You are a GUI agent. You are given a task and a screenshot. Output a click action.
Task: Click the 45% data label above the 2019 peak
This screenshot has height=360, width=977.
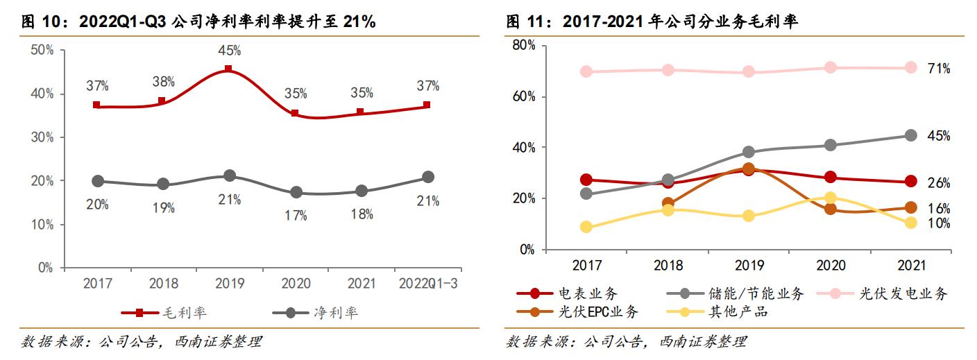click(x=229, y=50)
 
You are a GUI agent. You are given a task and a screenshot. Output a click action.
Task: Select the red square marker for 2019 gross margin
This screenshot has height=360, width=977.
click(x=228, y=69)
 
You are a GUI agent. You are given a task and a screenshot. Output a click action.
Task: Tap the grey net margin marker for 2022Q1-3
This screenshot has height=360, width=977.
click(x=428, y=177)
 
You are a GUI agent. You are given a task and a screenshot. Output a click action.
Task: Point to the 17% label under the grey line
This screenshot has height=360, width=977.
click(x=296, y=215)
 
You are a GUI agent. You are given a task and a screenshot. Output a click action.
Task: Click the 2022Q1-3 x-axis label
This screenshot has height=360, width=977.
click(x=428, y=284)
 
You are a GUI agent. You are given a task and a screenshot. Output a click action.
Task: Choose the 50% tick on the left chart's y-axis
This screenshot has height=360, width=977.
click(x=42, y=50)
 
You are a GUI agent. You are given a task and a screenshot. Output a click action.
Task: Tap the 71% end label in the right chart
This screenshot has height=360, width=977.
click(x=938, y=68)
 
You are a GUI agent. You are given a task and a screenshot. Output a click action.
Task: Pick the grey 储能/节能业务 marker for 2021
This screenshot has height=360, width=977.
click(x=910, y=135)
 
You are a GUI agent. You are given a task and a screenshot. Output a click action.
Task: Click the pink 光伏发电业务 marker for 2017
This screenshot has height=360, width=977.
click(x=586, y=71)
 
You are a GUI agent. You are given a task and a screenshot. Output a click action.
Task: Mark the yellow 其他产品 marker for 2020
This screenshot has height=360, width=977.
click(x=830, y=198)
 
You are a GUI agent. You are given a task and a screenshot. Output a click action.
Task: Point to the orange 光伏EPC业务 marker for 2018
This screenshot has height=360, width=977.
click(x=668, y=204)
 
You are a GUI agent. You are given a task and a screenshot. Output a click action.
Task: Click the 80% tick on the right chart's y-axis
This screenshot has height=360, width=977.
click(x=523, y=46)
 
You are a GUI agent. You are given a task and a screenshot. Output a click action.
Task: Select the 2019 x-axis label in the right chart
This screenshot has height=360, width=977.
click(x=749, y=266)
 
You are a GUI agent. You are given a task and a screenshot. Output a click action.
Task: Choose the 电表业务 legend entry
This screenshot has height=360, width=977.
click(x=568, y=294)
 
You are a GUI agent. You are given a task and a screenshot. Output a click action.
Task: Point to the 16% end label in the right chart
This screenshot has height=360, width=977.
click(x=938, y=209)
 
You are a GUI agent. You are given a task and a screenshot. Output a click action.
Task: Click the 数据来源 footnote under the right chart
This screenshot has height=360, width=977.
click(x=627, y=342)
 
